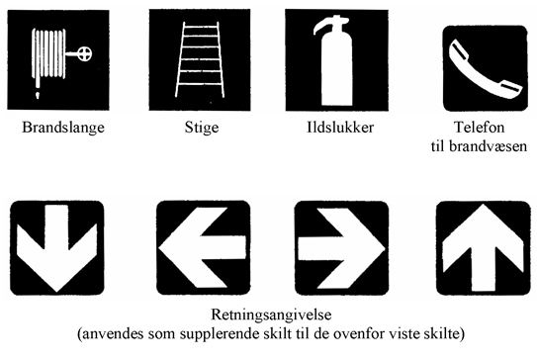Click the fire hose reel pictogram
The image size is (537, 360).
pos(58,60)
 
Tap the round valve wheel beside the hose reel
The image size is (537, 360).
pos(85,53)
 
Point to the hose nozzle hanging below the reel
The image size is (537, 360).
pos(38,94)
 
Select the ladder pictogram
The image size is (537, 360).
pos(200,60)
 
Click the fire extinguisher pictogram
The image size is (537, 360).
pos(336,60)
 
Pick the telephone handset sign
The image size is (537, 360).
pos(485,68)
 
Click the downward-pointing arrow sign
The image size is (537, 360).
pos(56,247)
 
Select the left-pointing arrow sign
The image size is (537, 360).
pos(203,247)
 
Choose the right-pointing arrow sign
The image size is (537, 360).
pos(341,248)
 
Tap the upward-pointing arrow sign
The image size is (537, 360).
pos(483,248)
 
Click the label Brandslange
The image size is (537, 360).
pos(63,128)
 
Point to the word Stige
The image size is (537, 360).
pos(202,129)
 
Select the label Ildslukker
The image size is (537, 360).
pos(340,127)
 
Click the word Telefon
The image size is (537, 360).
pos(480,127)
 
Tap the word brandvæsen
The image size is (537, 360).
pos(488,146)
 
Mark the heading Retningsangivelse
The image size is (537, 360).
pos(271,315)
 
